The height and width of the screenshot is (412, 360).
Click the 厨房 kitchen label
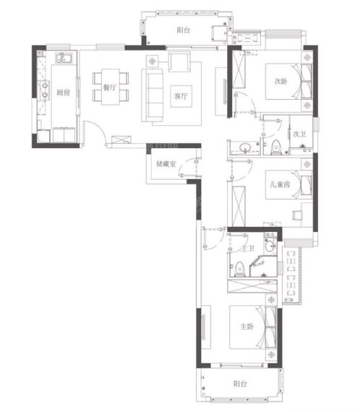coord(64,93)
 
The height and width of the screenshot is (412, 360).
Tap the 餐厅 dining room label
coord(110,87)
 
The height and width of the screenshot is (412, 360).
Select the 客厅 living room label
coord(181,96)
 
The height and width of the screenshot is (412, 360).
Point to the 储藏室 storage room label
coord(166,164)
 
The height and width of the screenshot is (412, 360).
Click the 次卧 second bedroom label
coord(280,81)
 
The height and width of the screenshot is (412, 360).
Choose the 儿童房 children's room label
coord(280,184)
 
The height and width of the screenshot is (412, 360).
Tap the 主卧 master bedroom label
coord(247,326)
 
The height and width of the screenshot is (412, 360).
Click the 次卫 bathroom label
coord(299,134)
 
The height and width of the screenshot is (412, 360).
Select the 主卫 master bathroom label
coord(247,248)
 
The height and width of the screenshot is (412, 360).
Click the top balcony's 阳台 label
coord(183,30)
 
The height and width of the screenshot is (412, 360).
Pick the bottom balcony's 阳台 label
coord(240,384)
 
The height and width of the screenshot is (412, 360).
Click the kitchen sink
coord(64,58)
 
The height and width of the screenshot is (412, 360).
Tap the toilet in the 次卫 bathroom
coord(275,147)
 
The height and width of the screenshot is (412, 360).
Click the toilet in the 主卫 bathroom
coord(239,269)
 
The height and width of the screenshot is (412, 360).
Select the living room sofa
coord(152,95)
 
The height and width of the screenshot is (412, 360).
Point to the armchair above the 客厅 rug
coord(179,62)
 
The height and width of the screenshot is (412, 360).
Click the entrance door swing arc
coord(99,126)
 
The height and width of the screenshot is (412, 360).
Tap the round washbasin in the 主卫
coord(270,246)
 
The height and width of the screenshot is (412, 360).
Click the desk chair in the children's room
coord(297,215)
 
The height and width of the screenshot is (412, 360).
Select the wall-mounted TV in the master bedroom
coord(203,327)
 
